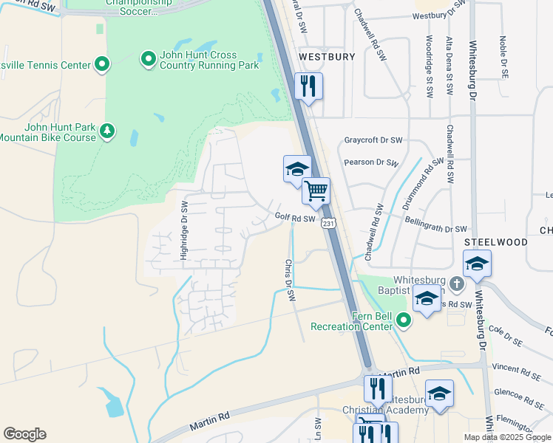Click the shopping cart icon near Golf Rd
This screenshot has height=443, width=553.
pyautogui.click(x=316, y=191)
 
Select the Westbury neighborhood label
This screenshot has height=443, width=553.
pyautogui.click(x=327, y=56)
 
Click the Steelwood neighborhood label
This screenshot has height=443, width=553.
pyautogui.click(x=495, y=242)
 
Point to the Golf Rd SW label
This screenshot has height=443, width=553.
pyautogui.click(x=295, y=218)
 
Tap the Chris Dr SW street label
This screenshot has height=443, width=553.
pyautogui.click(x=291, y=280)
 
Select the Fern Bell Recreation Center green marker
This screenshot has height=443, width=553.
pyautogui.click(x=404, y=320)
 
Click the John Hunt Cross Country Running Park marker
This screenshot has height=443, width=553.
pyautogui.click(x=148, y=57)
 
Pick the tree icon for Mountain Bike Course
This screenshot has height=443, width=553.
pyautogui.click(x=108, y=131)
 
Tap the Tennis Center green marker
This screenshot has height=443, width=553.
pyautogui.click(x=102, y=64)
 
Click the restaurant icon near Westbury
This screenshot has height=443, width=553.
pyautogui.click(x=308, y=85)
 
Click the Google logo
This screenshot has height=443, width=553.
pyautogui.click(x=24, y=434)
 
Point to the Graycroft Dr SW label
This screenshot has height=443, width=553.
pyautogui.click(x=373, y=140)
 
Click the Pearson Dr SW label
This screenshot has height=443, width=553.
pyautogui.click(x=371, y=163)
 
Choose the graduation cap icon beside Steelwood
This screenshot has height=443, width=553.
pyautogui.click(x=477, y=264)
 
